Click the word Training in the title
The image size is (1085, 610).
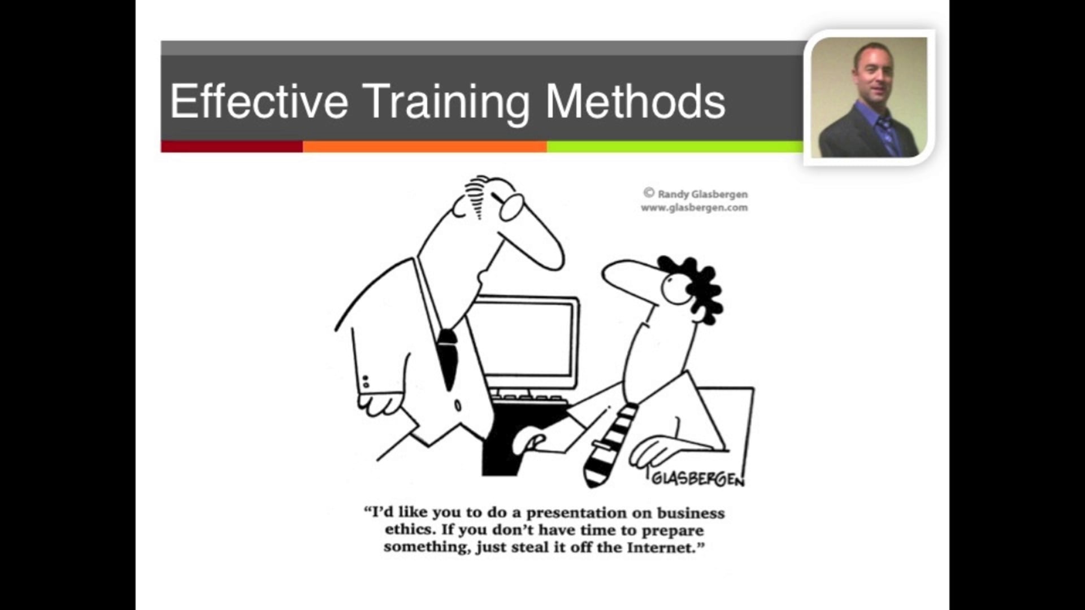click(x=445, y=102)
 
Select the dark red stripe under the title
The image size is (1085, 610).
click(x=231, y=147)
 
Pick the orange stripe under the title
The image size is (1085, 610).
click(x=424, y=147)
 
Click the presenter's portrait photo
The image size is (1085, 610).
click(x=869, y=97)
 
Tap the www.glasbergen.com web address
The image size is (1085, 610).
click(x=694, y=208)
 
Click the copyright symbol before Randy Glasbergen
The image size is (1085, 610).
click(x=649, y=193)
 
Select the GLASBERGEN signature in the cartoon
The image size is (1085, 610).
click(x=697, y=479)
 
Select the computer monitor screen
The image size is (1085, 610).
click(x=526, y=339)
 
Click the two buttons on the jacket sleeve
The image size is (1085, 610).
click(x=366, y=381)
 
